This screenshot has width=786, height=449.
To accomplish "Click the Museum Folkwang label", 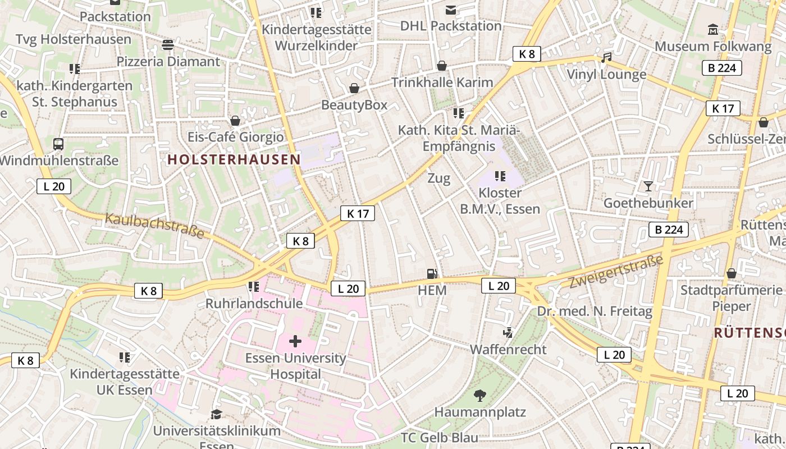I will [713, 47].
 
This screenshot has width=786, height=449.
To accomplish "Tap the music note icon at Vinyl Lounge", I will [606, 58].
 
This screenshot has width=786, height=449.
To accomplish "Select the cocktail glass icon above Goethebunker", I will [648, 186].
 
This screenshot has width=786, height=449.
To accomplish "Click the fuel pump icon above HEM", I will [432, 274].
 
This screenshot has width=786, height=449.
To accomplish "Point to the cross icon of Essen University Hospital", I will [295, 341].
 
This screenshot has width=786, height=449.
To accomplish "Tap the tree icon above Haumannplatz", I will [479, 396].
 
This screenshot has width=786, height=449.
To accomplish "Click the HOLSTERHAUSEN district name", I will [234, 159].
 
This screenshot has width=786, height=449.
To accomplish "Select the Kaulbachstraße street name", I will [154, 226].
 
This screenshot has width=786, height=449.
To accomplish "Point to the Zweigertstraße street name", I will [616, 272].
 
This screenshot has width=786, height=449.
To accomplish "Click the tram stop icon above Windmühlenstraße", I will [58, 144].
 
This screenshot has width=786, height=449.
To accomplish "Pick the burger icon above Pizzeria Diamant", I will [168, 44].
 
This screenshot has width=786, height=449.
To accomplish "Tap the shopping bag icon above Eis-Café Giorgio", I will [235, 121].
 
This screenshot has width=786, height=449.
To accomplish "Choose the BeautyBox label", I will [354, 105].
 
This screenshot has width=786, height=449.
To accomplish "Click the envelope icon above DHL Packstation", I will [451, 10].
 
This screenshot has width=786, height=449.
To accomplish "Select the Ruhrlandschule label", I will [254, 304].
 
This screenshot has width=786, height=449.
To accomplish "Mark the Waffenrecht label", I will [508, 349].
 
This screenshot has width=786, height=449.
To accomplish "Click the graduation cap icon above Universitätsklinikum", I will [216, 415].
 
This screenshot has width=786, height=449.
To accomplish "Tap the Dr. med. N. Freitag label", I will [595, 311].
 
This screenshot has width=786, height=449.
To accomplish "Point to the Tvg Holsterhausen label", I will [74, 39].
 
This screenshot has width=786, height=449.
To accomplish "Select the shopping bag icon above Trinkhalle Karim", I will [442, 66].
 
